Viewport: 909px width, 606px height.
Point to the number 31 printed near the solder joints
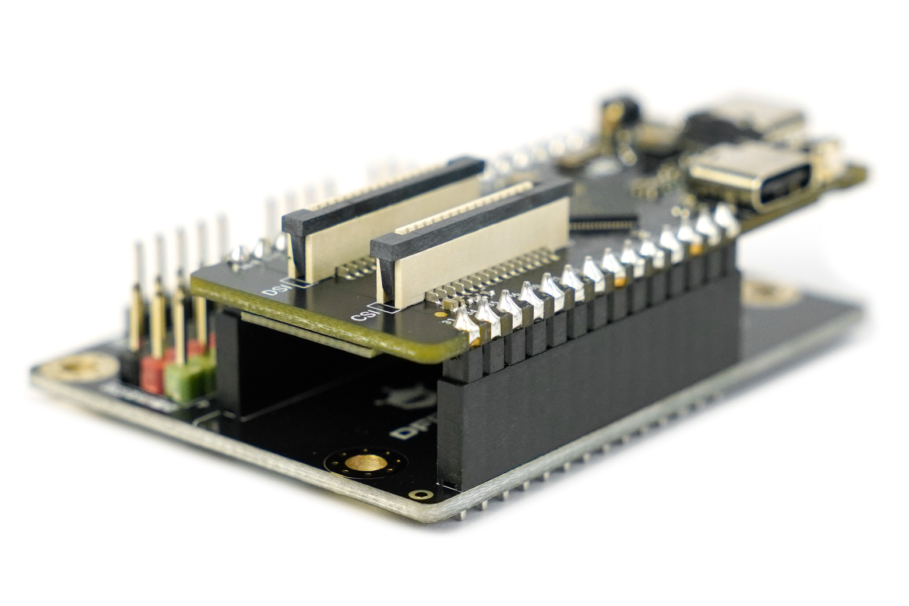pyautogui.click(x=448, y=321)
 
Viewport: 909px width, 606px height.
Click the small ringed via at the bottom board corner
pyautogui.click(x=417, y=495)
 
